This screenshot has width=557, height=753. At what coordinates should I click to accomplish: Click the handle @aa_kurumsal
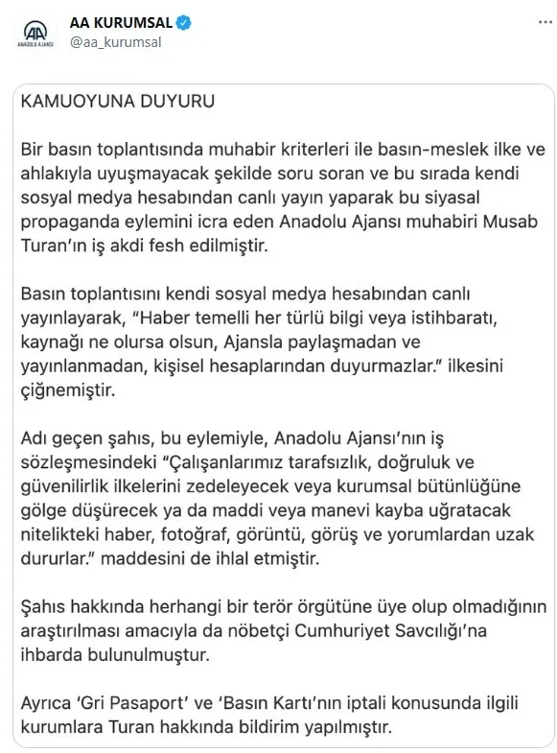(116, 41)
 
